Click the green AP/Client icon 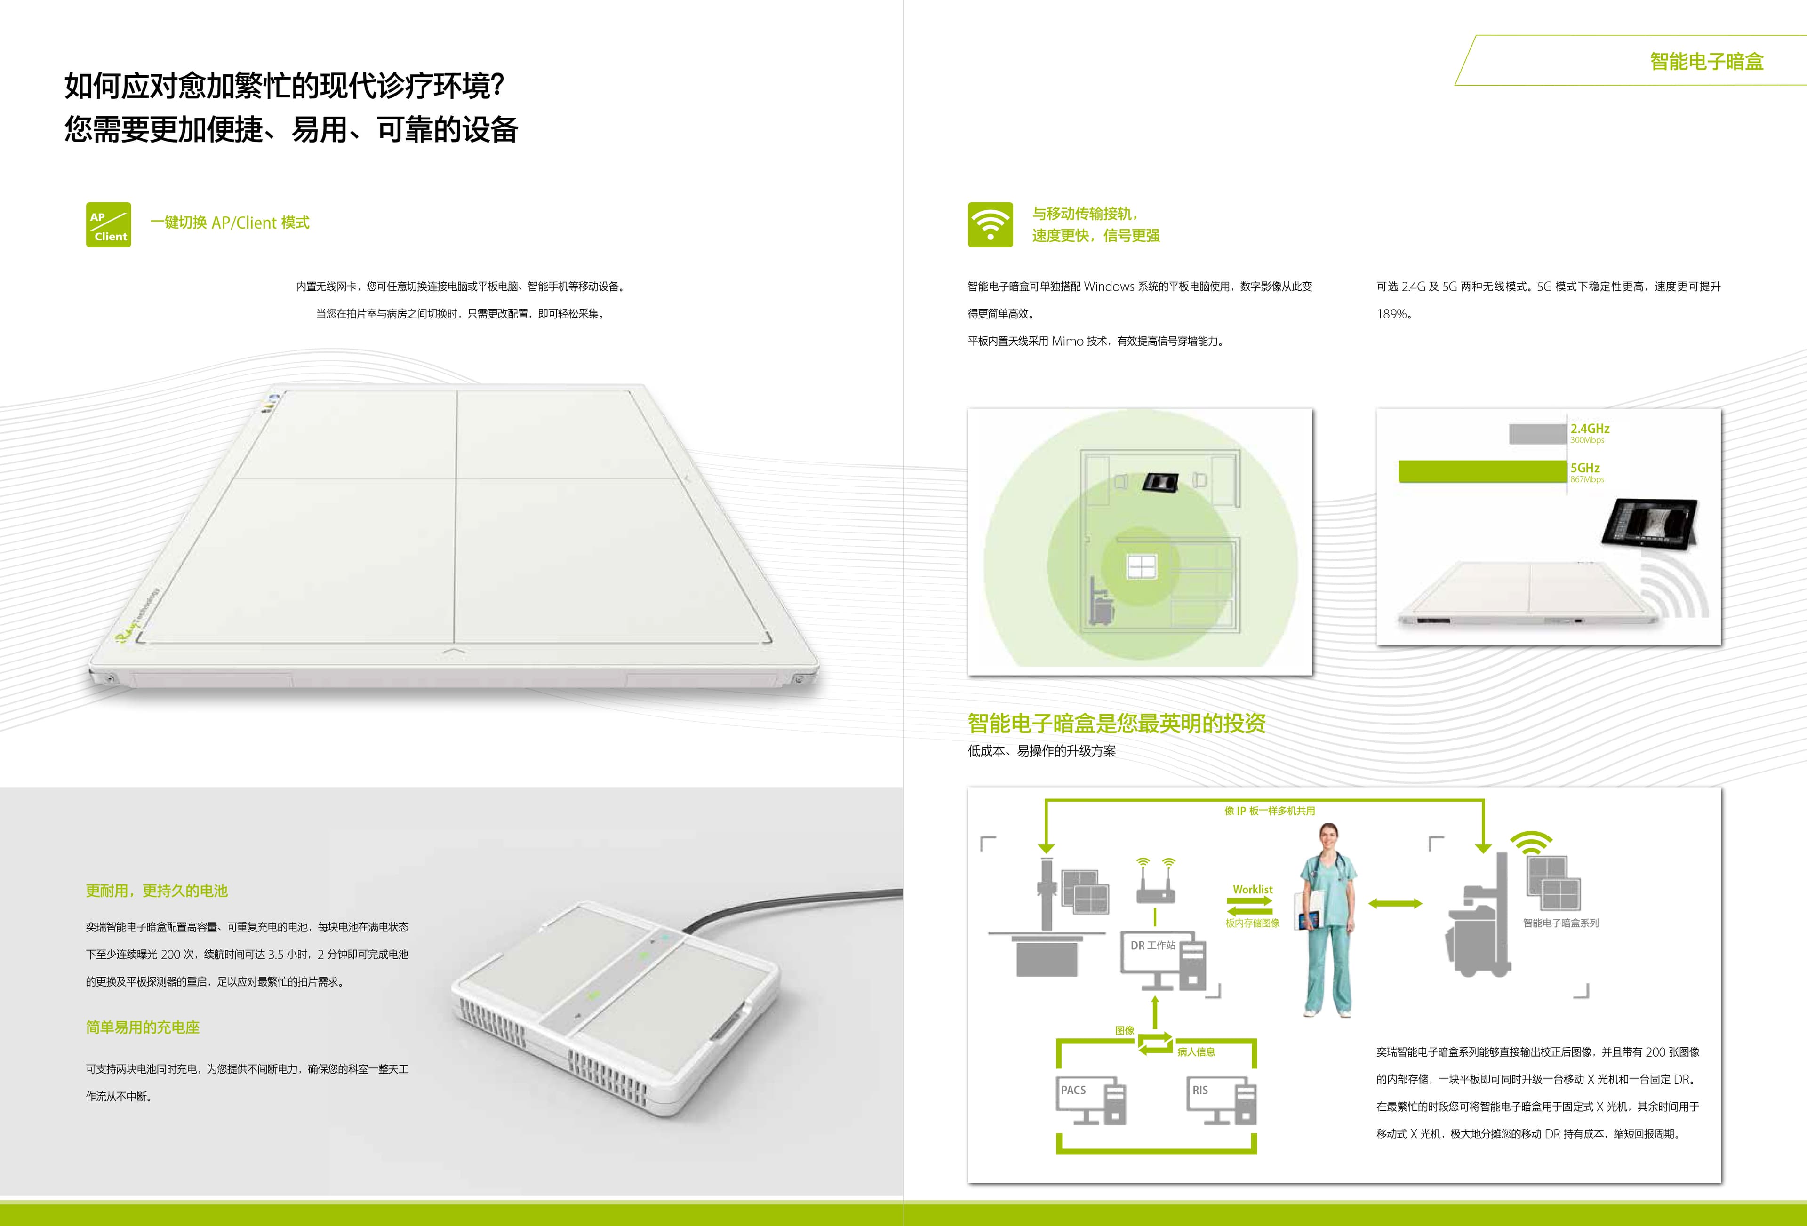(x=108, y=225)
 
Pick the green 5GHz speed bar (x=1482, y=471)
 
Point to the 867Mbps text (x=1587, y=480)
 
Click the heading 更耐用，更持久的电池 (x=156, y=891)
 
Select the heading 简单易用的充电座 (x=142, y=1027)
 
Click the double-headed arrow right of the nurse (x=1396, y=903)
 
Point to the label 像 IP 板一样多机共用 (x=1269, y=811)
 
